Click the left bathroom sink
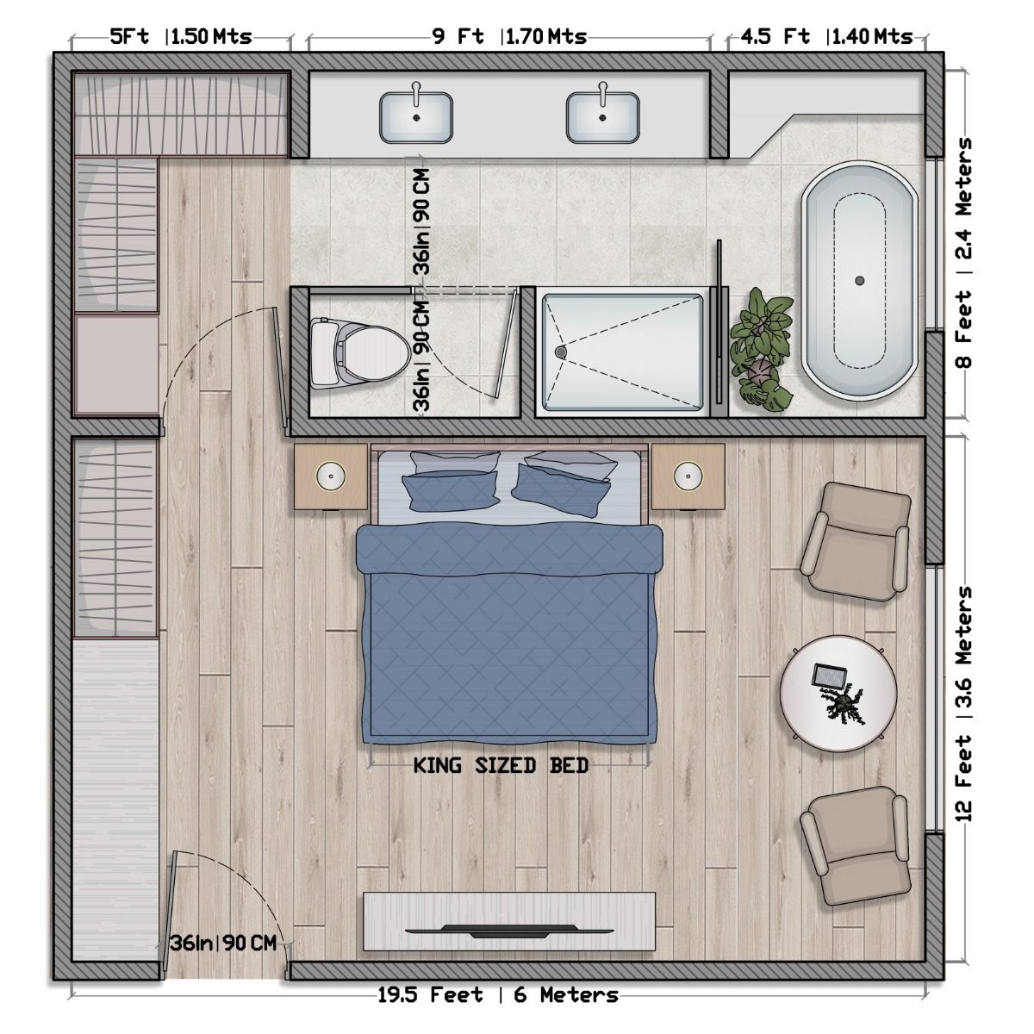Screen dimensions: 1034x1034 tap(416, 117)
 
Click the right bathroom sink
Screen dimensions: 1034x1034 tap(602, 117)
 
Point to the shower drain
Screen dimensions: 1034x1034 tap(561, 352)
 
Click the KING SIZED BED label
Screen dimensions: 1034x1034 tap(501, 765)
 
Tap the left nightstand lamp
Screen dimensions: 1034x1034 tap(330, 474)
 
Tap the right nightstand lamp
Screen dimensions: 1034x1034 tap(686, 474)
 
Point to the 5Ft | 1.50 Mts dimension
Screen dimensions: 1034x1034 tap(181, 36)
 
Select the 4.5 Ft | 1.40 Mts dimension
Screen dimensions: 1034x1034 tap(825, 36)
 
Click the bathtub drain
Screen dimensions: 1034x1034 tap(858, 281)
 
